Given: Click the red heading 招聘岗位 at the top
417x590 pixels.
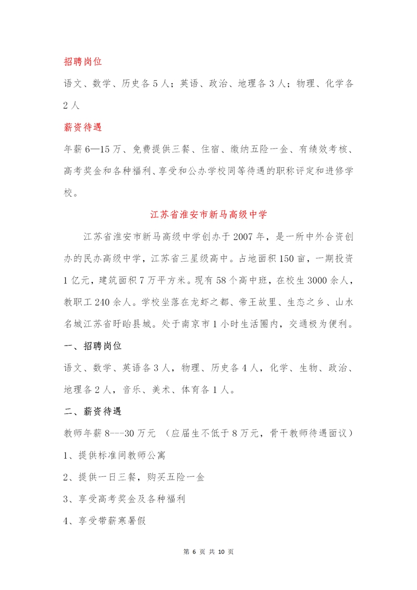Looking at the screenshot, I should click(x=82, y=61).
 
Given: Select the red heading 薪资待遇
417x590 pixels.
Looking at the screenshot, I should click(x=82, y=127).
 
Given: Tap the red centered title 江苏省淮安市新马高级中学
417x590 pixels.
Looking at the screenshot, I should click(x=208, y=214).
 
